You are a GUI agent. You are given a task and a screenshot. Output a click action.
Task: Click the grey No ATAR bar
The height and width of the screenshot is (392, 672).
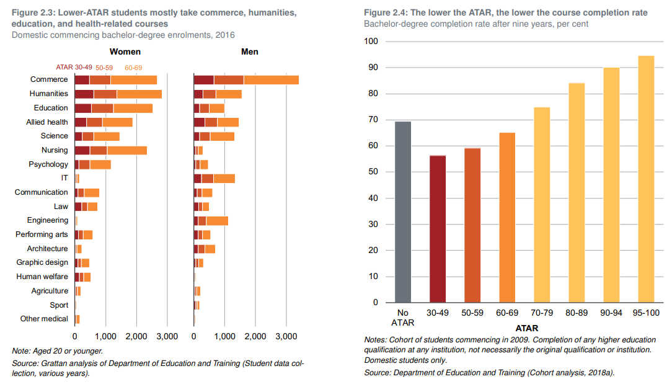coord(403,212)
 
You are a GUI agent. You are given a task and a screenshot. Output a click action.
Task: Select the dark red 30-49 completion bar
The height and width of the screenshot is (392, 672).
coord(438,229)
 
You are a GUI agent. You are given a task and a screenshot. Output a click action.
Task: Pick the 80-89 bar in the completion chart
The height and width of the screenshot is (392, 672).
coord(577,192)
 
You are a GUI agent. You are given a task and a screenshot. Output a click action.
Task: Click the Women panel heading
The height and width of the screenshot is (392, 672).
coord(125,52)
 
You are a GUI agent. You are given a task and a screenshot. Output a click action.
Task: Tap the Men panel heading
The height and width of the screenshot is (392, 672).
coord(249,52)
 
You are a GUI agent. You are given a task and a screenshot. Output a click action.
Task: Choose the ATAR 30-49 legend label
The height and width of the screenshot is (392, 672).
coord(74,67)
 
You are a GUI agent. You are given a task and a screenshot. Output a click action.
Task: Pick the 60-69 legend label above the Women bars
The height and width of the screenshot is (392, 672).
coord(133,68)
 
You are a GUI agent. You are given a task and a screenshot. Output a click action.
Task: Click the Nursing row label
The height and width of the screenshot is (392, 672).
coord(55,150)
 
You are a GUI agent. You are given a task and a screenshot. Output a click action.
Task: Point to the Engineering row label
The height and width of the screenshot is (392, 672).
coord(48,220)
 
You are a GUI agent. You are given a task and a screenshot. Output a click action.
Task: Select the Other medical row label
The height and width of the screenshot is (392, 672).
coord(44,319)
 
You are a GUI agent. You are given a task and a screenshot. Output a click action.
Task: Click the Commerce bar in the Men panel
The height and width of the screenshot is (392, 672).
coord(246,79)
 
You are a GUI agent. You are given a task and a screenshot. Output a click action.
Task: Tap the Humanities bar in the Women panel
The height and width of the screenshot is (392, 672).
coord(118,94)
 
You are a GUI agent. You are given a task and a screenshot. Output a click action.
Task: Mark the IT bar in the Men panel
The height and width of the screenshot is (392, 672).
coord(214,179)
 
